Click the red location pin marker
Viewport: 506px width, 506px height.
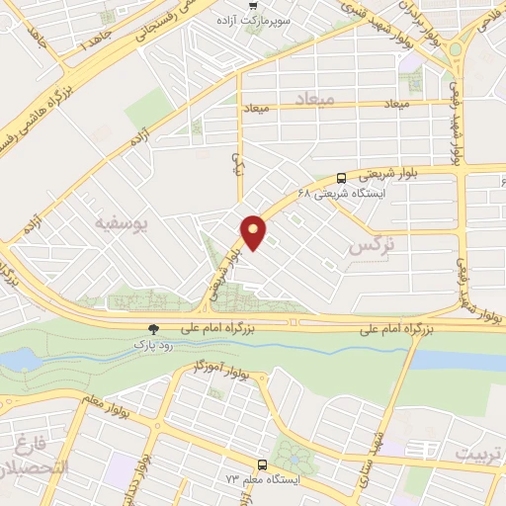tap(254, 231)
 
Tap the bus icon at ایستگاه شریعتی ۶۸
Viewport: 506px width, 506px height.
tap(342, 178)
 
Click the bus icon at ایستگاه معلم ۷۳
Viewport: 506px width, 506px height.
tap(262, 464)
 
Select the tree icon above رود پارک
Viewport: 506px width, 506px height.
tap(152, 329)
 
